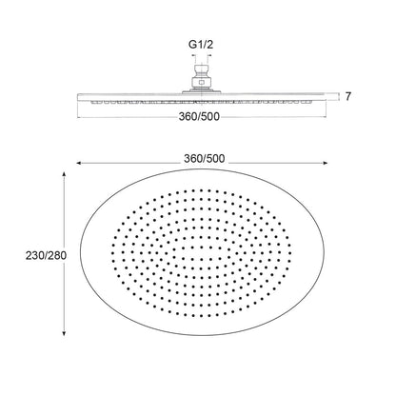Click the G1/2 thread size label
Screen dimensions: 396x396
[x=201, y=45]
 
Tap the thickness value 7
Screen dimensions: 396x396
[x=348, y=96]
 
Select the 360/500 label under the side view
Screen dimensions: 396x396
[x=199, y=117]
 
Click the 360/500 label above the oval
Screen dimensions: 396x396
[x=205, y=159]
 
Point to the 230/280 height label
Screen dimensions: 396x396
[x=46, y=255]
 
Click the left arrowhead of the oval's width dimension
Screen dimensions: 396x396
[x=79, y=163]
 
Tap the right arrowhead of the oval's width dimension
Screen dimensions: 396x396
[x=325, y=163]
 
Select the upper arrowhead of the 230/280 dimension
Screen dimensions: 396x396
[x=64, y=175]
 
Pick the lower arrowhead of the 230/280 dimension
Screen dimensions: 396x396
[x=64, y=332]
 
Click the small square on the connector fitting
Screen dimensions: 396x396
[x=201, y=83]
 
